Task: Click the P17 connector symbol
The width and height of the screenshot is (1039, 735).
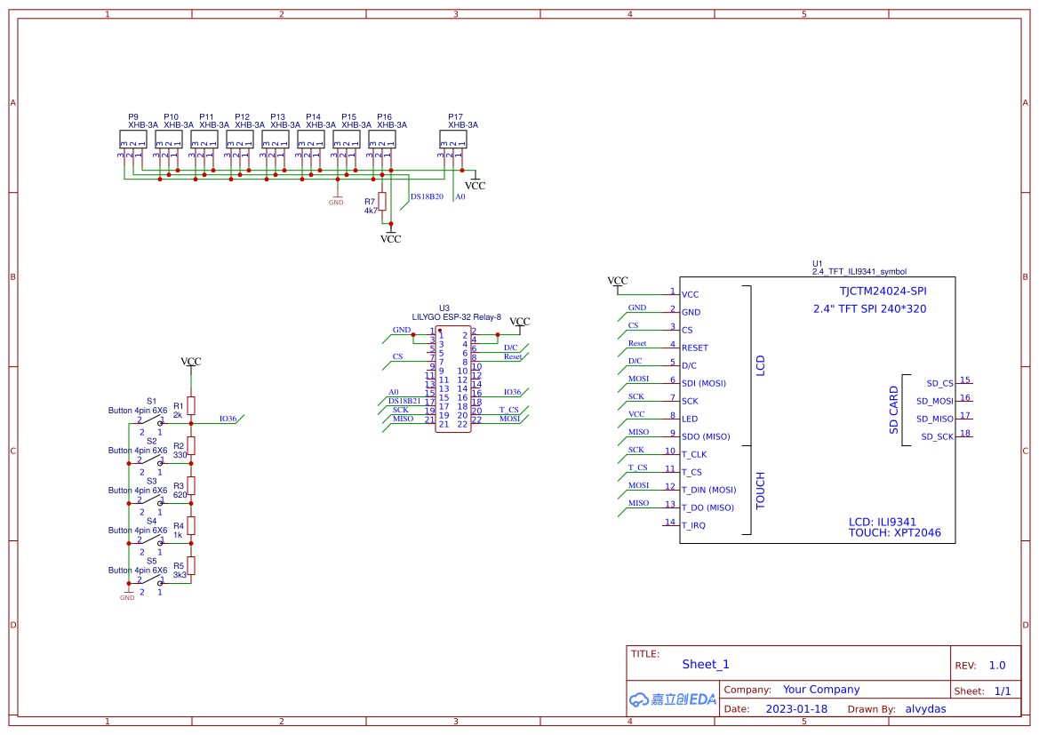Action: (x=452, y=140)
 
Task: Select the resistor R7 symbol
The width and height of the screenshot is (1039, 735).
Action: (x=382, y=202)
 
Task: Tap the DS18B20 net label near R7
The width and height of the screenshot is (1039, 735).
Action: (x=427, y=196)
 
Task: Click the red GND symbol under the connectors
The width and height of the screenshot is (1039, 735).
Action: (x=336, y=199)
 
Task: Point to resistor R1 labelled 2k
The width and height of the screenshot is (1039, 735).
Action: (x=190, y=405)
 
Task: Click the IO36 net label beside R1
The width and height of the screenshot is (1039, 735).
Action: (x=228, y=419)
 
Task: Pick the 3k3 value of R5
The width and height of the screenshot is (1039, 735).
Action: (x=180, y=574)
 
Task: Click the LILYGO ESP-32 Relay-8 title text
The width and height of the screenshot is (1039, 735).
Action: (x=456, y=316)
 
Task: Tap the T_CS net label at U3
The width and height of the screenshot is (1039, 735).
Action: (x=508, y=410)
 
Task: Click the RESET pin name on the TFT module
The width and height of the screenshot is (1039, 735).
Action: (x=695, y=348)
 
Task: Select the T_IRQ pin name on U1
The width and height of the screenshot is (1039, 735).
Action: (x=693, y=525)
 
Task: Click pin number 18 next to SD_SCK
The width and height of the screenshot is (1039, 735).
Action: (x=965, y=434)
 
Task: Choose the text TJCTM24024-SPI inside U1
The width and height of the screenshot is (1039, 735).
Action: (x=883, y=291)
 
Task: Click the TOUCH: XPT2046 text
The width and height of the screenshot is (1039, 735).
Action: (x=894, y=533)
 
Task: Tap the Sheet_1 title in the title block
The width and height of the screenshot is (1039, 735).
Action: (x=706, y=664)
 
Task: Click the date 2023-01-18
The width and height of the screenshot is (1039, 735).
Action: (x=796, y=709)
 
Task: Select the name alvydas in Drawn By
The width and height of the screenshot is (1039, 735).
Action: (x=925, y=709)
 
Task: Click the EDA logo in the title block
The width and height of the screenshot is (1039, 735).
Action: (x=672, y=699)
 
